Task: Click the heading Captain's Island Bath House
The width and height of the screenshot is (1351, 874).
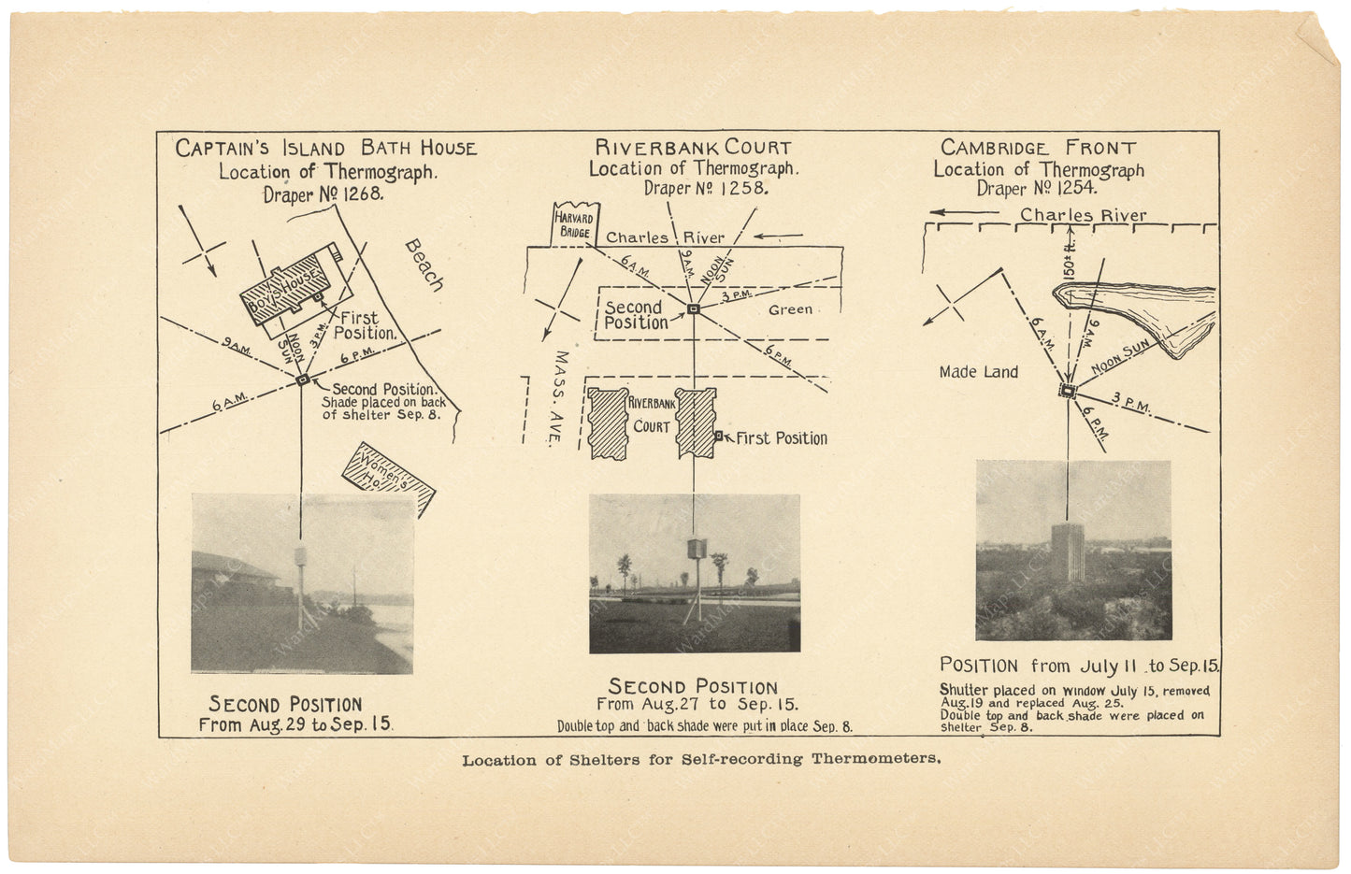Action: [325, 149]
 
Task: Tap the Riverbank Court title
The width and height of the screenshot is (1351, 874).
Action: [693, 148]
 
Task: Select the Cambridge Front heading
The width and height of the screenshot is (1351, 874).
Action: [1038, 148]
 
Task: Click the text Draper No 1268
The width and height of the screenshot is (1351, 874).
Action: [323, 194]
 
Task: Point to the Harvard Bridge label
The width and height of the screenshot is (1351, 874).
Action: [575, 224]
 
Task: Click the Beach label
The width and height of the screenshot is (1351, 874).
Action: [424, 265]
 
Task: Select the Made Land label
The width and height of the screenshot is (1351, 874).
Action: [978, 372]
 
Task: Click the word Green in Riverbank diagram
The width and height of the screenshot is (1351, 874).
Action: [790, 309]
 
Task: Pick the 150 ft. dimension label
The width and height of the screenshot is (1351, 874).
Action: [1069, 255]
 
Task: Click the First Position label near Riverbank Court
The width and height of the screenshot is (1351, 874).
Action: [781, 438]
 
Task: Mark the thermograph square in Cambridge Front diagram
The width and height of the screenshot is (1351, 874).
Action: [1067, 392]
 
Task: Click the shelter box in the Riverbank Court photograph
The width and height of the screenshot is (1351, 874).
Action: [694, 548]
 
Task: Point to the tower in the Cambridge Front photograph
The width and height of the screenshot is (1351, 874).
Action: [1067, 551]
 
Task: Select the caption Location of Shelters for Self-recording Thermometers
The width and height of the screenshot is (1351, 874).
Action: [701, 759]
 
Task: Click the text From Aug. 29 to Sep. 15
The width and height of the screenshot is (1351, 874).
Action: [295, 724]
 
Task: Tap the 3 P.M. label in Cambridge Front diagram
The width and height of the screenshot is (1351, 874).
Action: [1131, 403]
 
